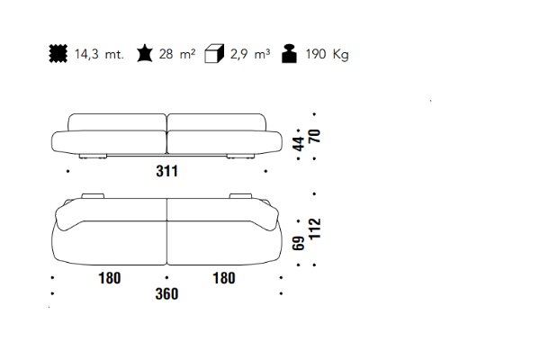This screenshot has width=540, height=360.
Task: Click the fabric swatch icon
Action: point(58,54)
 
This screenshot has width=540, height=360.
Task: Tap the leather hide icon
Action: point(145,53)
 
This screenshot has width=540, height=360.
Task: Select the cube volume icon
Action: point(214,53)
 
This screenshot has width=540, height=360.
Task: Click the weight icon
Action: point(289,54)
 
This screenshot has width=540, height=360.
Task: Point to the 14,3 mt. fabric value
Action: point(99,54)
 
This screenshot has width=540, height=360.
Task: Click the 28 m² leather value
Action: point(177,54)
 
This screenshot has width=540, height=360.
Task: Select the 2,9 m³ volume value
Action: point(250,54)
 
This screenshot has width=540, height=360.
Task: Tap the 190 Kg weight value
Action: point(328,54)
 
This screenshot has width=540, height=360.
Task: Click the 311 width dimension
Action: point(167,171)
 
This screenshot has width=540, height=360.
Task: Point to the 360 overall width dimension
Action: point(166,294)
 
